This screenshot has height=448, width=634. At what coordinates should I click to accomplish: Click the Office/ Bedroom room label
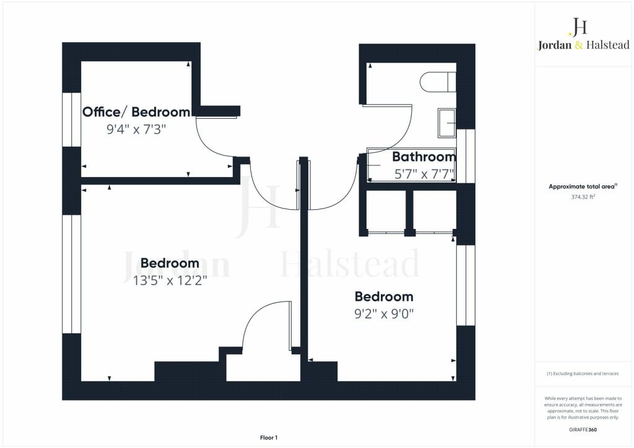136,112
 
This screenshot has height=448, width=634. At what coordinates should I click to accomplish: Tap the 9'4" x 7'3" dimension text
136,130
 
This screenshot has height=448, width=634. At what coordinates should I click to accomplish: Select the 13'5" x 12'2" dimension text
170,280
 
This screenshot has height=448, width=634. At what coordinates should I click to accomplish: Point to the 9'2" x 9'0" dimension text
384,314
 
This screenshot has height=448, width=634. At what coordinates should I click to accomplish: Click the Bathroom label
424,157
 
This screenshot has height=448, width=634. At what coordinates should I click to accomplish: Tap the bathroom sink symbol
447,123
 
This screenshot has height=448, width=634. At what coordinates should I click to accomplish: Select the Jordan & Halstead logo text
583,45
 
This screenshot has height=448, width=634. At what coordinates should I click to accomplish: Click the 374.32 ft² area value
583,197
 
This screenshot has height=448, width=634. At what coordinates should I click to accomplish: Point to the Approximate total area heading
583,187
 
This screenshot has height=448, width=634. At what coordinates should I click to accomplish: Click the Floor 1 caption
269,437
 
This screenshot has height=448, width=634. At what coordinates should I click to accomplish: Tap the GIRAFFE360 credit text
583,429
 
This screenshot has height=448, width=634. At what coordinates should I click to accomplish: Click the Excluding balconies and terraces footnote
583,374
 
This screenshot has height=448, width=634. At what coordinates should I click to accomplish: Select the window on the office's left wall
72,119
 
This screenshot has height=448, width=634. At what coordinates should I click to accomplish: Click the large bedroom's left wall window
72,274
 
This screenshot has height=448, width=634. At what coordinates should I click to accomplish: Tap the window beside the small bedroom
466,285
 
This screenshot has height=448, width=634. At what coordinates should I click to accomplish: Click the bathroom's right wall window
466,156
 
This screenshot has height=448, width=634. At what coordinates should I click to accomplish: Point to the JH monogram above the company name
578,27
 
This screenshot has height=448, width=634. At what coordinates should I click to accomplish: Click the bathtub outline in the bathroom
411,165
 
